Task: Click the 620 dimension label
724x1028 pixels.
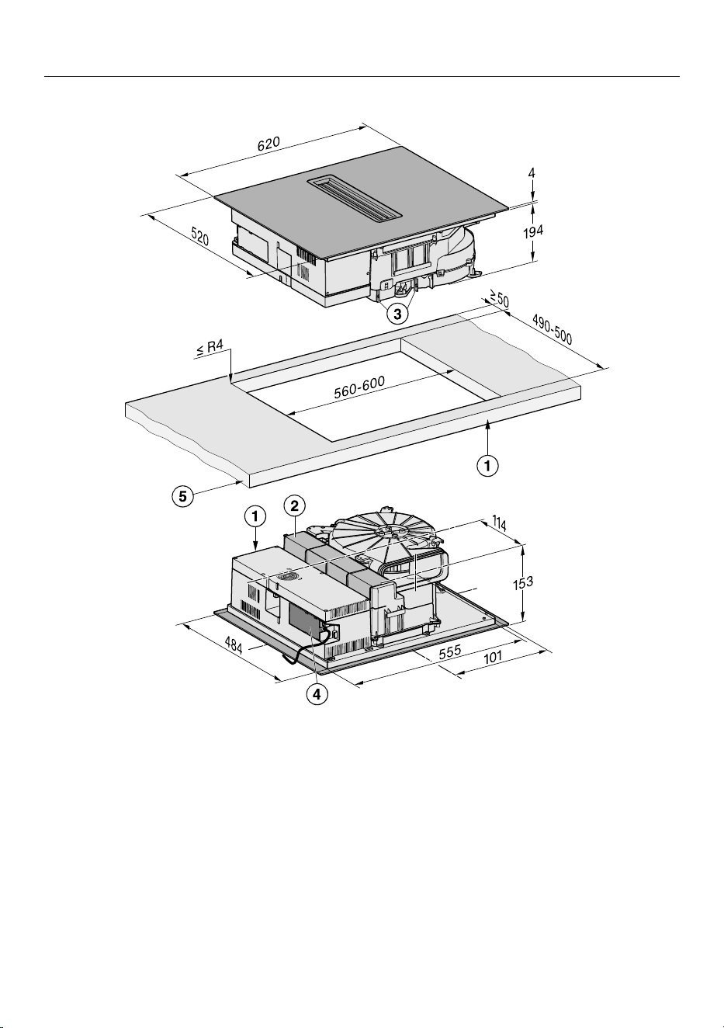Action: (268, 143)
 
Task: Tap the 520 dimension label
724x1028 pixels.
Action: (199, 237)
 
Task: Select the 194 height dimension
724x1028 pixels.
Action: (533, 231)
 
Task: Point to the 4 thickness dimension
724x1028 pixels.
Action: (532, 173)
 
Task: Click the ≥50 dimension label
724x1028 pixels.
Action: (499, 299)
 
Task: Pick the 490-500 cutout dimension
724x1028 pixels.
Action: (553, 329)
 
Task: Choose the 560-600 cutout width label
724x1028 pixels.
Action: (359, 387)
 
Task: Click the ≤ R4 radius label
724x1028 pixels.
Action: (210, 348)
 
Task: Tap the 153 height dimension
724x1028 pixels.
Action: (522, 582)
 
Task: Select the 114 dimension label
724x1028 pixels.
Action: (500, 523)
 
